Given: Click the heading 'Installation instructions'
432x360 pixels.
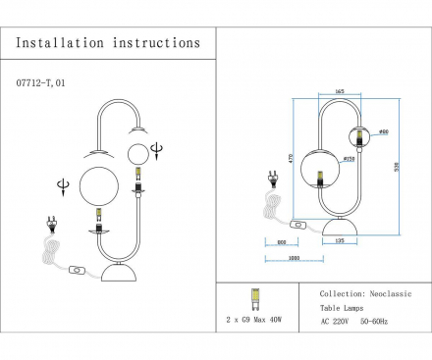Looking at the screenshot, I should click(x=108, y=43).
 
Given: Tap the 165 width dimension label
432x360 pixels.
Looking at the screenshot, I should click(x=339, y=90).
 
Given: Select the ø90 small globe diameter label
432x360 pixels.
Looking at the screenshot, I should click(x=384, y=130).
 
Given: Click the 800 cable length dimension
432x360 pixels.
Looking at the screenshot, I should click(x=281, y=241).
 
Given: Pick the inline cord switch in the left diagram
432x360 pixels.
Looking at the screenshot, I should click(x=77, y=269).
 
